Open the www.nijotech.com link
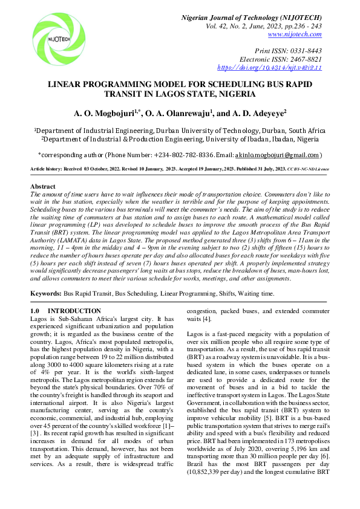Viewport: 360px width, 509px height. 301,36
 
